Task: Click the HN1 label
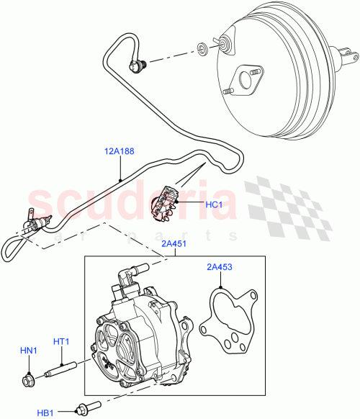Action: [x=28, y=350]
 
